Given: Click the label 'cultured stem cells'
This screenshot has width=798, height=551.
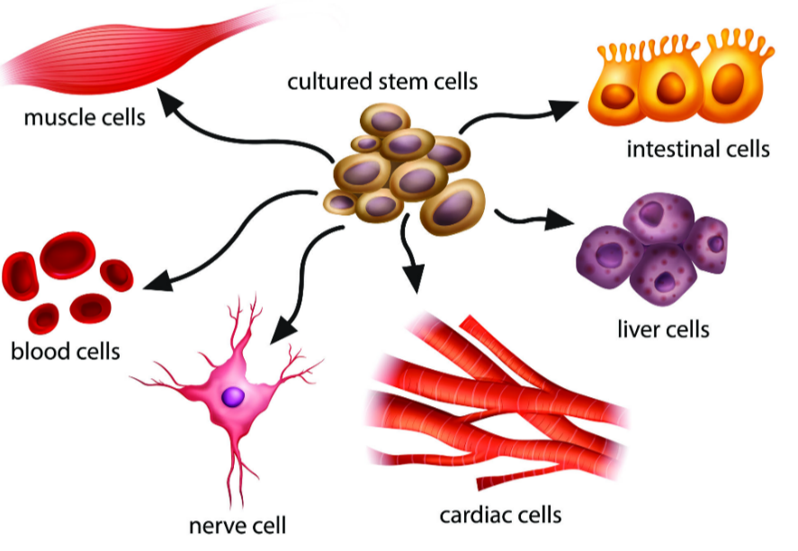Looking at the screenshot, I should coord(382,82).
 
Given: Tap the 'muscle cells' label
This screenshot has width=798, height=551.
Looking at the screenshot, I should coord(85,118).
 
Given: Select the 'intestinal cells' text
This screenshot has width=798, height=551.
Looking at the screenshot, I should coord(698,149).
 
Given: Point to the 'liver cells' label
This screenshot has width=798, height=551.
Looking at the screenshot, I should coord(663,330).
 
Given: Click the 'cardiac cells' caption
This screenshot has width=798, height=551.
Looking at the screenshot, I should coord(500,516).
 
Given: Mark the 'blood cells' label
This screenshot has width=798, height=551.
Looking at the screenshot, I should coord(65,350).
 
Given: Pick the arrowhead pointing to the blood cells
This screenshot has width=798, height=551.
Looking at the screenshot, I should coord(149,282).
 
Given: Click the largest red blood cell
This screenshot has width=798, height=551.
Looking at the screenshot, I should coord(67,255).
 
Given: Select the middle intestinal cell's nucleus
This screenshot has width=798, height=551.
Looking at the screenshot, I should coord(670,87).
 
